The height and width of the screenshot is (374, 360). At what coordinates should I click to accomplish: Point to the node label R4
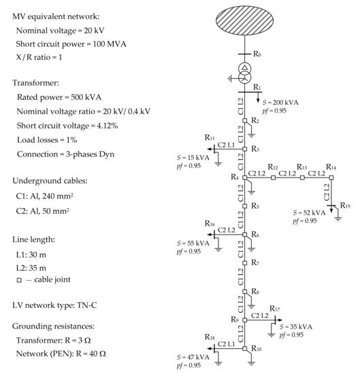click(x=235, y=177)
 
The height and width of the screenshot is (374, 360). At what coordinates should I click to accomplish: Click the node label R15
click(x=345, y=205)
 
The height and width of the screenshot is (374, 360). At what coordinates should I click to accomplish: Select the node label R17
click(x=274, y=308)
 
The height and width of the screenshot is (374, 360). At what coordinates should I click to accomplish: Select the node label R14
click(x=331, y=167)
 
